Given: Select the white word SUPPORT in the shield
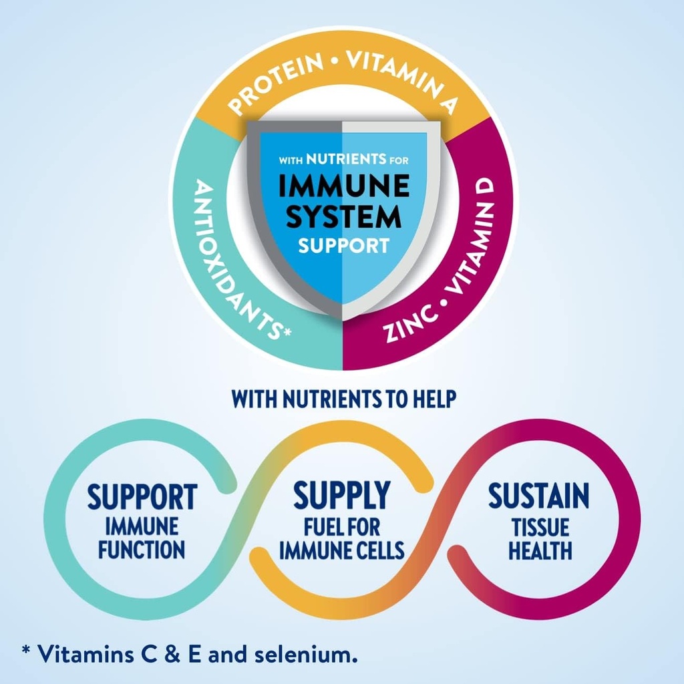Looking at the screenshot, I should pyautogui.click(x=343, y=245).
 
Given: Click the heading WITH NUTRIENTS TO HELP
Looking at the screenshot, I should pyautogui.click(x=343, y=399).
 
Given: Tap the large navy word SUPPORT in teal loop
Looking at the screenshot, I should pyautogui.click(x=142, y=497).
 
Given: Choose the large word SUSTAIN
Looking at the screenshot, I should pyautogui.click(x=538, y=496).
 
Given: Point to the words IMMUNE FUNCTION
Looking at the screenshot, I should pyautogui.click(x=142, y=538).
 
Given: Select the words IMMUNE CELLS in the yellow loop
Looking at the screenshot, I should pyautogui.click(x=341, y=551).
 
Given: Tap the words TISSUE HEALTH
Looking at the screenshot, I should pyautogui.click(x=540, y=539).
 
